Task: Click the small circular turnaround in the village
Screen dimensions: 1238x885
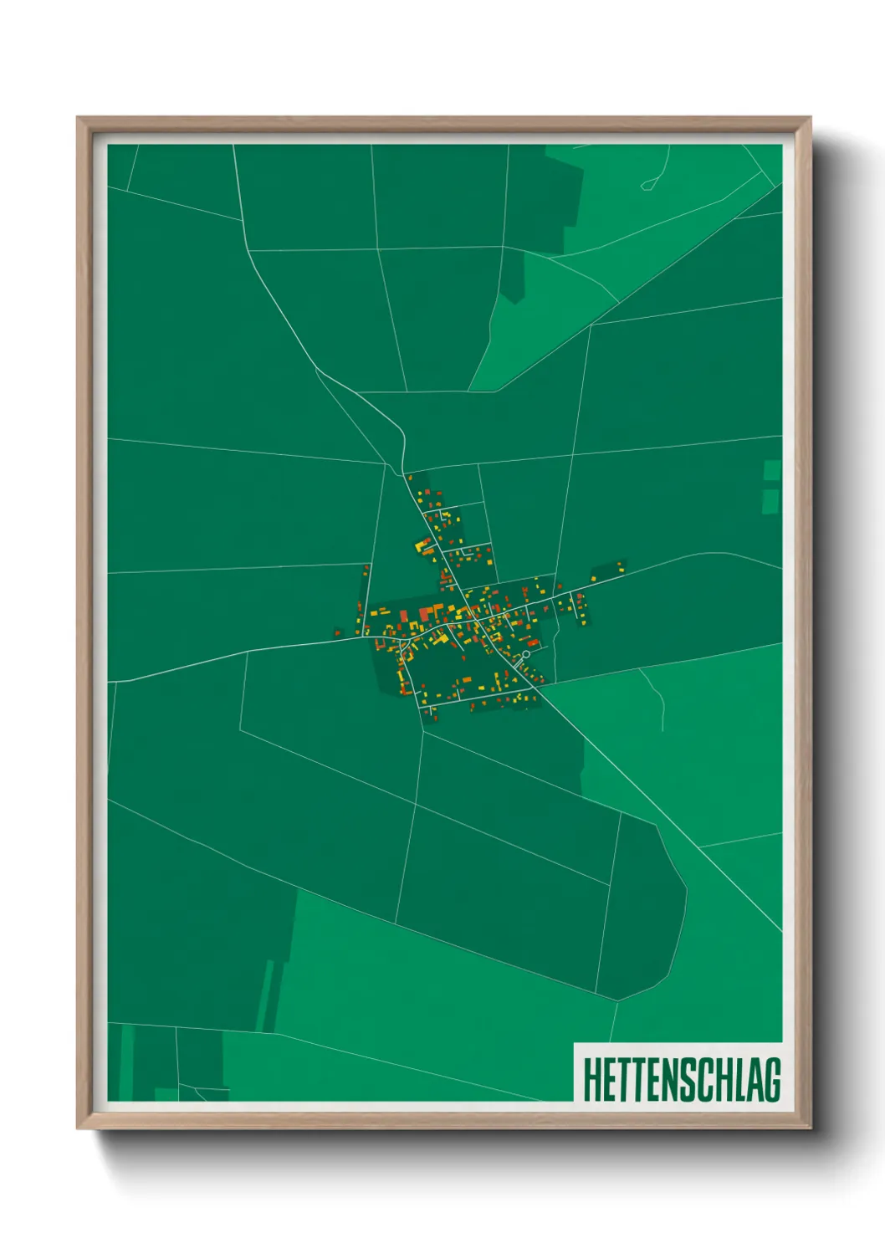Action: click(x=525, y=655)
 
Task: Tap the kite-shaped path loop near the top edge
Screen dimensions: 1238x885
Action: click(x=649, y=182)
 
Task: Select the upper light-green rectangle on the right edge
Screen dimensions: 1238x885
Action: click(x=772, y=470)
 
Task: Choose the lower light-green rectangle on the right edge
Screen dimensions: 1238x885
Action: click(x=770, y=500)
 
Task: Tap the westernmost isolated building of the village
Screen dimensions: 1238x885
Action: click(x=337, y=633)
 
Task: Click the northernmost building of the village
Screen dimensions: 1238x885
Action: click(x=409, y=477)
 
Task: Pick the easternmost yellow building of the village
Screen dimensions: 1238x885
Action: click(x=620, y=565)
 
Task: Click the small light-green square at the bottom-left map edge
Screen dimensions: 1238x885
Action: click(x=166, y=1093)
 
